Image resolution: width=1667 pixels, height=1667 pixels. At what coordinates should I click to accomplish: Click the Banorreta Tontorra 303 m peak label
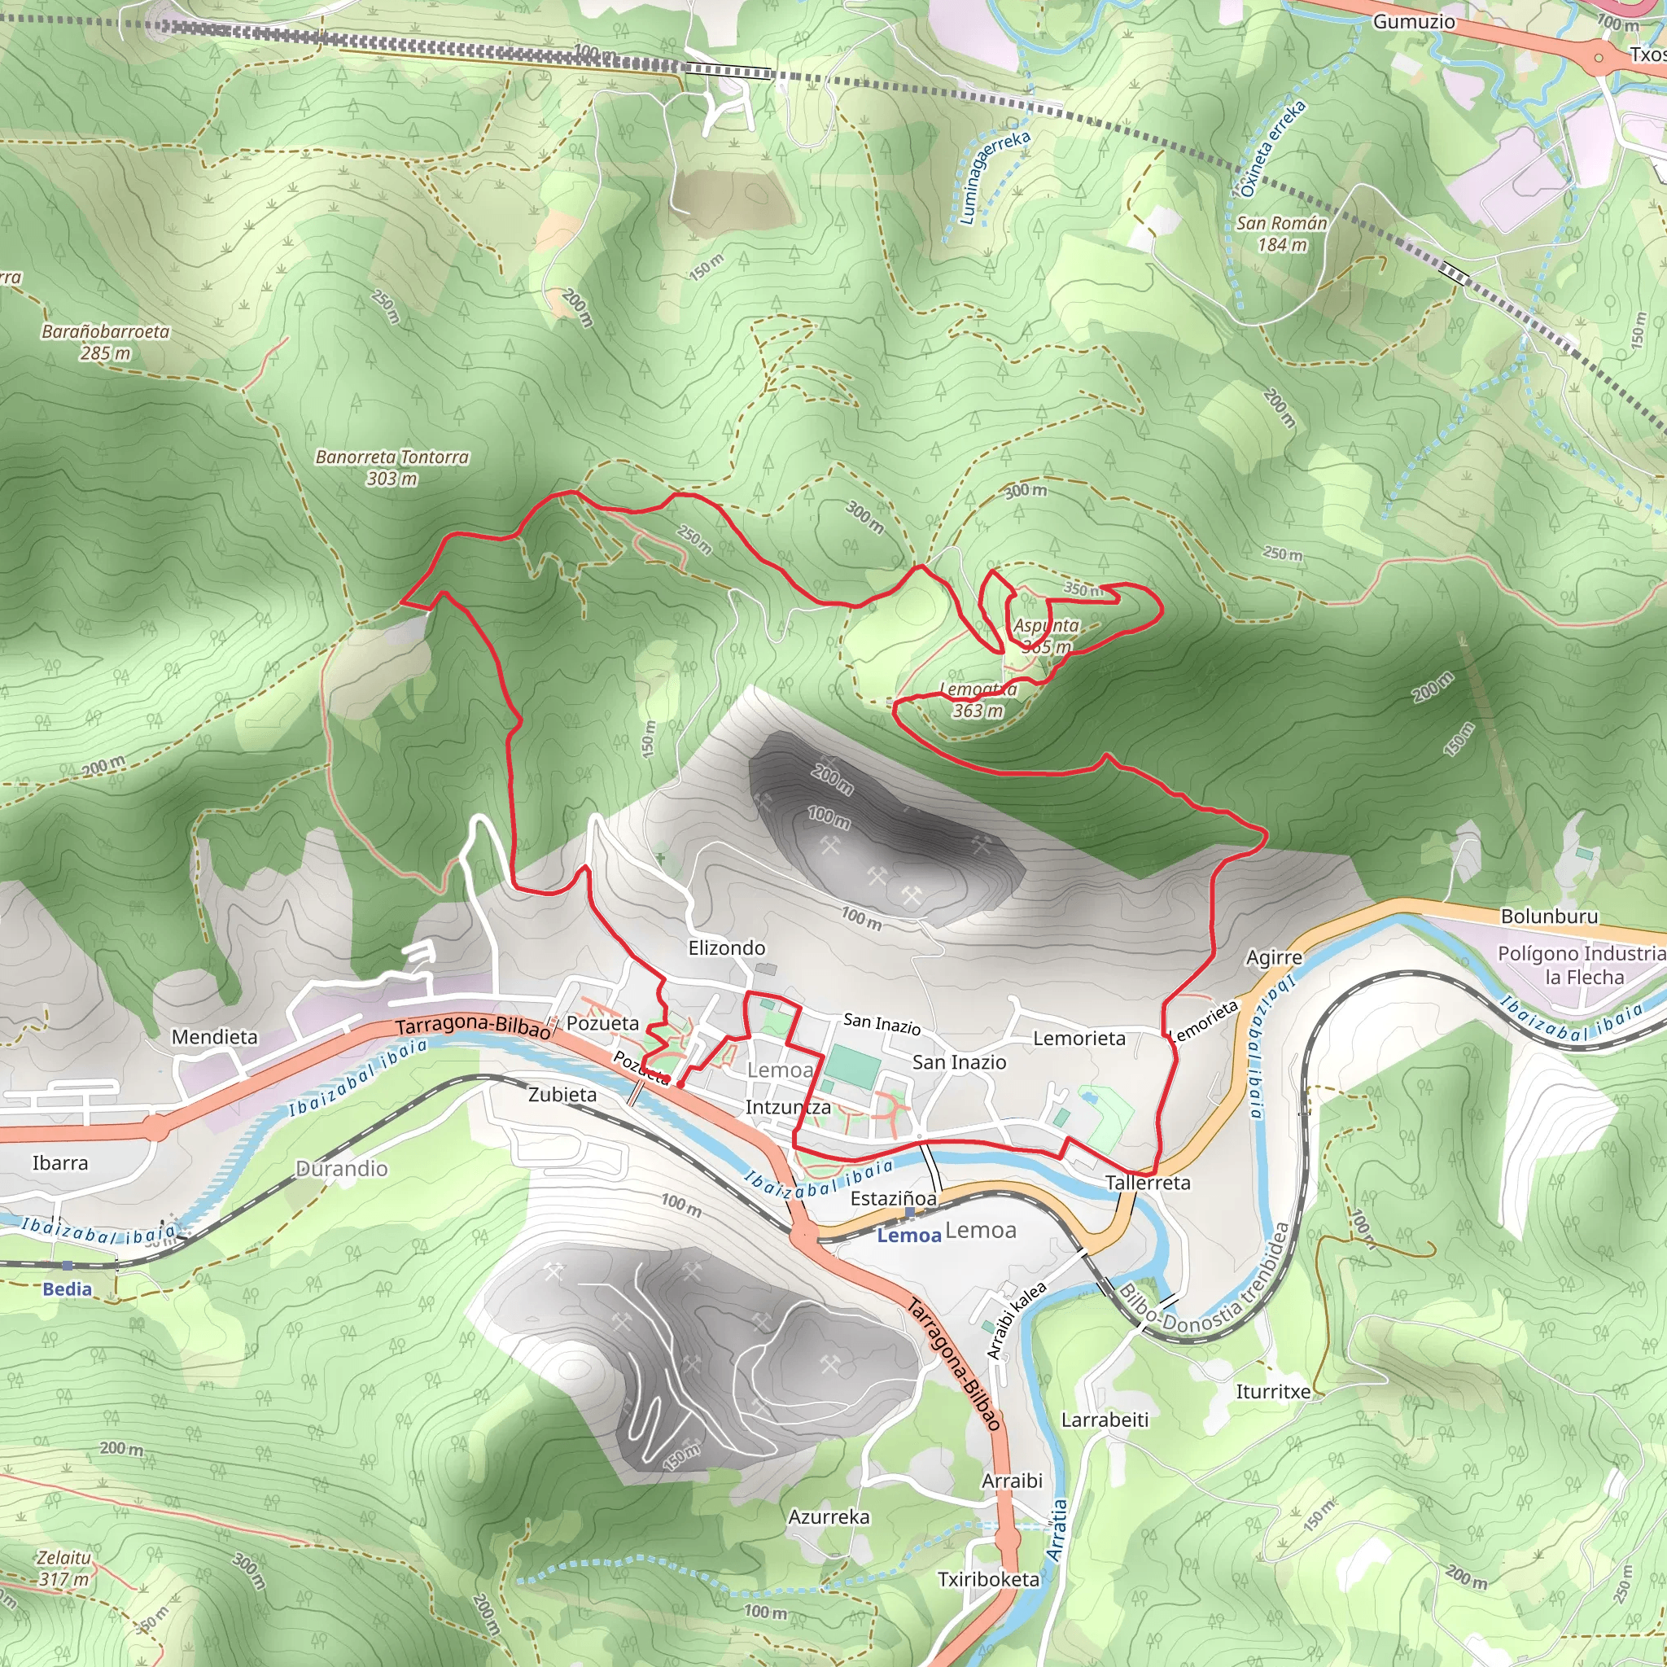click(392, 466)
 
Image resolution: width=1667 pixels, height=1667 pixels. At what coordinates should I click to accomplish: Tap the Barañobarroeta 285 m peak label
click(105, 342)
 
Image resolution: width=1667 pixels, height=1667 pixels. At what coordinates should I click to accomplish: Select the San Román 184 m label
click(1281, 234)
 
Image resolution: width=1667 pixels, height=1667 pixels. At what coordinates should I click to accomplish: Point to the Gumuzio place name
click(1413, 22)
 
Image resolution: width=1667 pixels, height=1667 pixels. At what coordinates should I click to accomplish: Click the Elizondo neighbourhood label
click(727, 947)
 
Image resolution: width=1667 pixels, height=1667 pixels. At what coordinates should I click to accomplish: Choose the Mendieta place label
click(214, 1036)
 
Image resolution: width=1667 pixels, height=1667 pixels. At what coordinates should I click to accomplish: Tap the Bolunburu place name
click(1549, 916)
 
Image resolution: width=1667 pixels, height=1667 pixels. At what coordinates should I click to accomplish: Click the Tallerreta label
click(1148, 1182)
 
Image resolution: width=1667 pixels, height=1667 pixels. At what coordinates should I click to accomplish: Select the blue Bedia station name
click(67, 1289)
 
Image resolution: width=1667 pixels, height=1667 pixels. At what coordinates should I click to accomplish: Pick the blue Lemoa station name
click(908, 1235)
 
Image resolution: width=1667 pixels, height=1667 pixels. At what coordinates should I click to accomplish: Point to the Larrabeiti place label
click(1105, 1420)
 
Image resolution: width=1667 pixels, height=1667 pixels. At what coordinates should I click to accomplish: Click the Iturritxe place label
click(1273, 1391)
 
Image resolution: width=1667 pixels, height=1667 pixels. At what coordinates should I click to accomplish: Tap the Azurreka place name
click(829, 1516)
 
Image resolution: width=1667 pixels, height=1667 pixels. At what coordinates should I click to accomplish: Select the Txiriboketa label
click(988, 1578)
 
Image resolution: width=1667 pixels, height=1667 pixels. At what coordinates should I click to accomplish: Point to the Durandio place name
click(342, 1168)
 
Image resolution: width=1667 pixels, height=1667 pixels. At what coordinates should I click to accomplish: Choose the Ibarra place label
click(59, 1162)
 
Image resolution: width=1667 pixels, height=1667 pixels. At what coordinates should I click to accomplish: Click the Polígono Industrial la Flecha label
click(1581, 965)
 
